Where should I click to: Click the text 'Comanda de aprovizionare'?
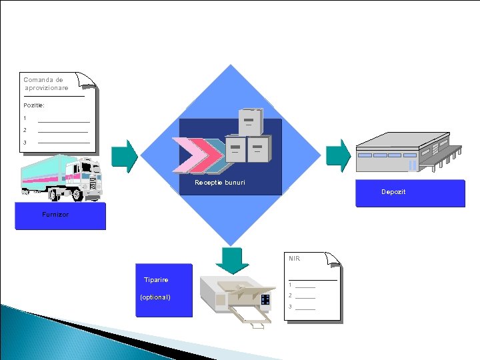[x=45, y=83]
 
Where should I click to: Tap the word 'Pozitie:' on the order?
[x=33, y=105]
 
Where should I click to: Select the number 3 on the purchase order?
[x=25, y=143]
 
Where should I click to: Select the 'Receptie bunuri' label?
[x=220, y=182]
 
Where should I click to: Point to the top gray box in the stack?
[x=251, y=122]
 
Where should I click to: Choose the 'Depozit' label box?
[x=393, y=192]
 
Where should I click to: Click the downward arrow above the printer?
[x=233, y=259]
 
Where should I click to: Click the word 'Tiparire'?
[x=156, y=280]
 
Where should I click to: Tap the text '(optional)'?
[x=155, y=297]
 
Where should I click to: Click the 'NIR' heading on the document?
[x=294, y=258]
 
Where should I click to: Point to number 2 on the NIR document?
[x=290, y=295]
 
